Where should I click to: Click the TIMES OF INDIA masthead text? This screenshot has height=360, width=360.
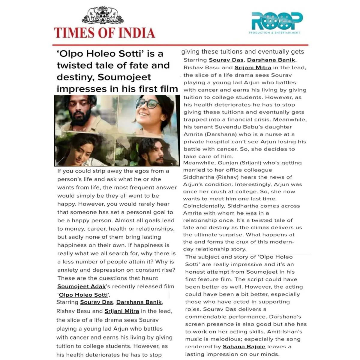tap(104, 33)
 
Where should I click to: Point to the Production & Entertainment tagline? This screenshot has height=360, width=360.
tap(274, 33)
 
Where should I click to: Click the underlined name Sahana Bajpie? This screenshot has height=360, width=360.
tap(244, 347)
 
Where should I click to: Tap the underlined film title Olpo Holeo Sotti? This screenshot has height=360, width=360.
tap(83, 295)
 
